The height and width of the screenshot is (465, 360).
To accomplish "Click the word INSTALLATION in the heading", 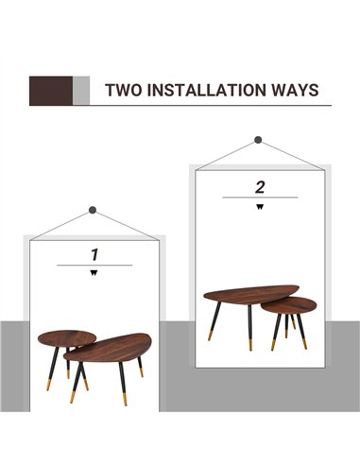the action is tap(207, 90).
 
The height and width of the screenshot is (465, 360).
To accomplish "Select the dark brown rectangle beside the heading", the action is tap(51, 91).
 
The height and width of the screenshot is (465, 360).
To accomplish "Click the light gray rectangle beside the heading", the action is tap(81, 91).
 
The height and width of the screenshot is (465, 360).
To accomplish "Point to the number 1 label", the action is tap(94, 255).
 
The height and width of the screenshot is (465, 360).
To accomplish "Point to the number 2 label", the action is tap(260, 187).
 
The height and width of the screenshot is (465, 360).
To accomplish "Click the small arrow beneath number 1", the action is tap(94, 273).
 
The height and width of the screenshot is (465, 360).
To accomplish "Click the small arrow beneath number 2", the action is tap(260, 207).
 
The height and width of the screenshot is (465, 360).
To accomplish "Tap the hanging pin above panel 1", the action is tap(93, 210).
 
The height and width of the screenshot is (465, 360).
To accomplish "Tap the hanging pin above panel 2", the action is tap(258, 140).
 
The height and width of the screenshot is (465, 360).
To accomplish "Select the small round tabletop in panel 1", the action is tap(66, 338).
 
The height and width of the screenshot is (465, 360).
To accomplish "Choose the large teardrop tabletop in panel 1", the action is tap(108, 348).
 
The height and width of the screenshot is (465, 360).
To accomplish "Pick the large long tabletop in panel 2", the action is tap(251, 295).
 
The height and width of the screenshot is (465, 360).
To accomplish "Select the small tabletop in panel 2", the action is tap(290, 306).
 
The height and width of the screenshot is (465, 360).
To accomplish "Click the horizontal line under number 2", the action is tap(260, 198).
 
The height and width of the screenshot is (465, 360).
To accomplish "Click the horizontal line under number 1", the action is tap(94, 266).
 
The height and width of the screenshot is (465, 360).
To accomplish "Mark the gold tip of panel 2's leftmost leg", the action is tap(210, 335).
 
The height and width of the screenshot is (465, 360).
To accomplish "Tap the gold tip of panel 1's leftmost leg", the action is tap(48, 385).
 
